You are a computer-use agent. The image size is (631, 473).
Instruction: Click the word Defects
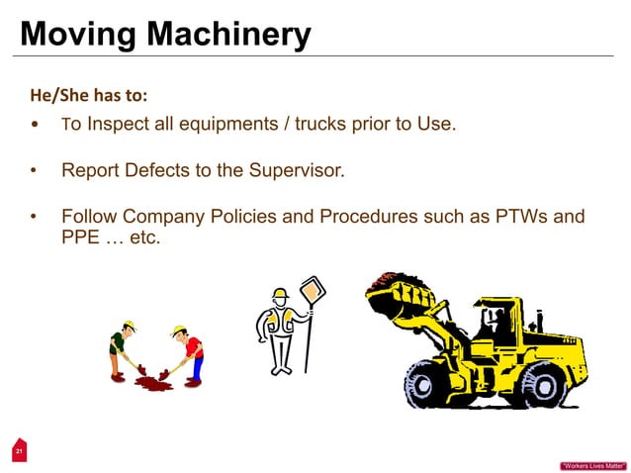(x=152, y=170)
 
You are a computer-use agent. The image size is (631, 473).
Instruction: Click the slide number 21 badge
(x=17, y=451)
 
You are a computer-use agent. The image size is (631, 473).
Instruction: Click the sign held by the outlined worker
(x=314, y=293)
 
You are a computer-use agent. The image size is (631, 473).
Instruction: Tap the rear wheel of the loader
(x=542, y=382)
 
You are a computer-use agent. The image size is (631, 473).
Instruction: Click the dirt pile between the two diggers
(x=153, y=381)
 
